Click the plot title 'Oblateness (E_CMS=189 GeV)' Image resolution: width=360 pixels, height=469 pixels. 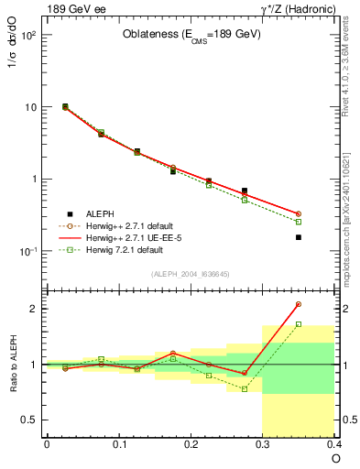pyautogui.click(x=191, y=35)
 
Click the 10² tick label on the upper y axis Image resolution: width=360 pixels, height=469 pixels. pyautogui.click(x=27, y=36)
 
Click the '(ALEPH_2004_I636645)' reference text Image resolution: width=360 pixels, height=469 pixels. pyautogui.click(x=191, y=274)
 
